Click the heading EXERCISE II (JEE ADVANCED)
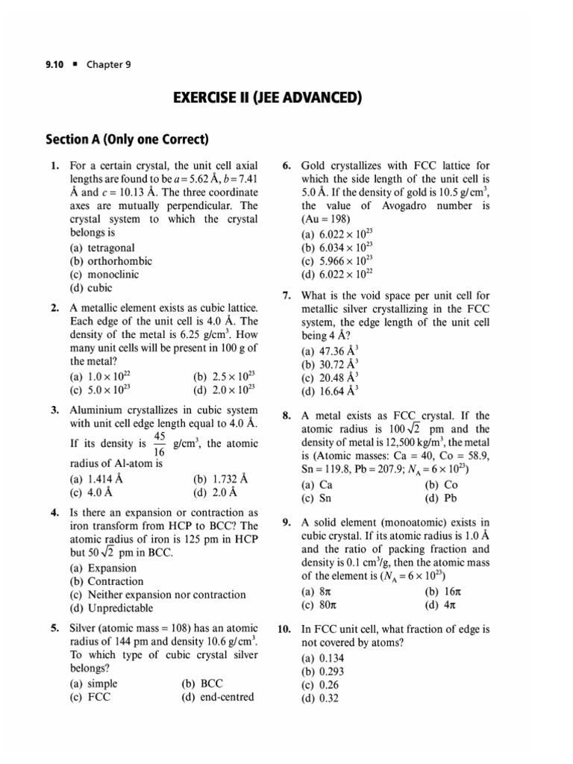286,98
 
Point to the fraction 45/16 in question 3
159,443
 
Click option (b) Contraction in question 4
106,581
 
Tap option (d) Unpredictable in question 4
113,608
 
